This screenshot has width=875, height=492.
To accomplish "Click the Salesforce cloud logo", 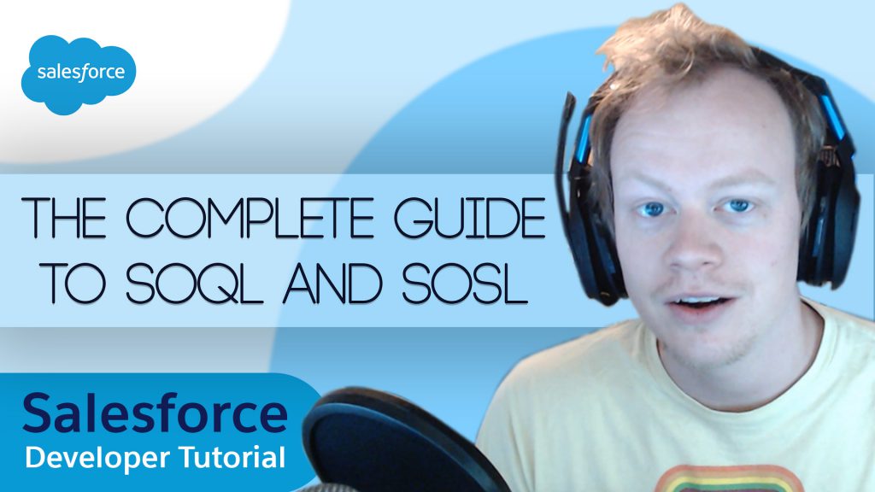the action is click(79, 74).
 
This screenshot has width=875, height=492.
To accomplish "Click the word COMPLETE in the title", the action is click(250, 218).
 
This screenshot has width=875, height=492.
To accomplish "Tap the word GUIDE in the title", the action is click(469, 218).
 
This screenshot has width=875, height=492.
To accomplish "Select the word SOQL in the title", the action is click(194, 283).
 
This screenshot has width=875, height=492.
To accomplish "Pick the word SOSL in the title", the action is click(465, 283).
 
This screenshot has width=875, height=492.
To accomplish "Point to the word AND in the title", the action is click(332, 283).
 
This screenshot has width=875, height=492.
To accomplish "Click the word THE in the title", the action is click(64, 218).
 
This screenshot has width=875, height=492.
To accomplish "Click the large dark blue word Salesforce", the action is click(156, 413).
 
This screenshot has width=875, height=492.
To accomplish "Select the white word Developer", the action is click(97, 458).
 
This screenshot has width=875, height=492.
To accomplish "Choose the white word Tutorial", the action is click(232, 457).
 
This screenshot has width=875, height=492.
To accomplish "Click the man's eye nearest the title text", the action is click(652, 210).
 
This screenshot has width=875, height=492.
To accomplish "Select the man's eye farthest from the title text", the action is click(737, 206).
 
